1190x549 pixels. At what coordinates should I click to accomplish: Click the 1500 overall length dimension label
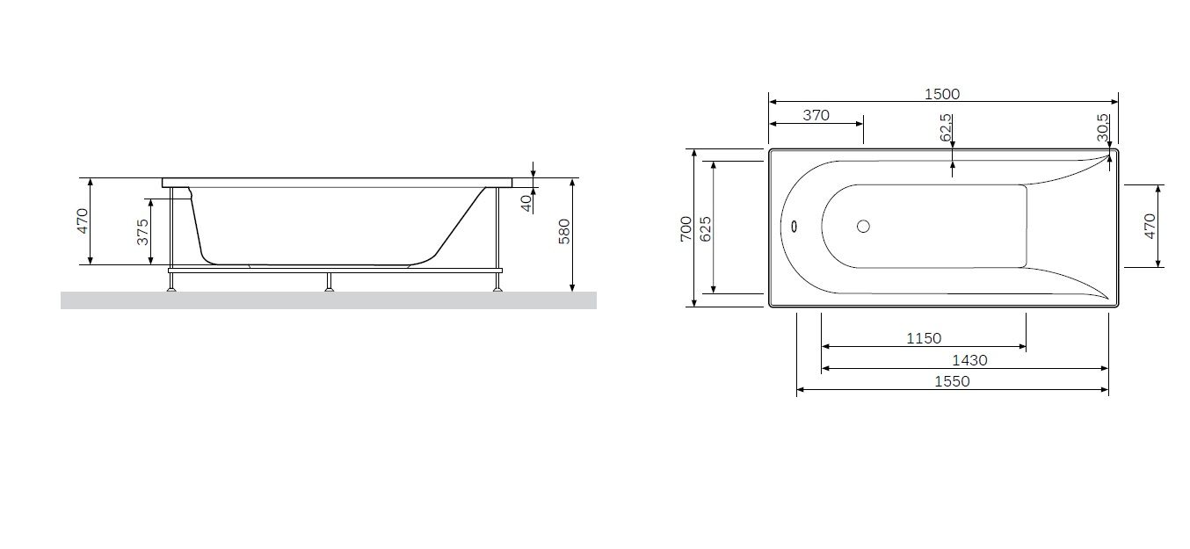point(942,94)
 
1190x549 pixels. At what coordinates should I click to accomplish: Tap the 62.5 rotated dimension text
point(946,127)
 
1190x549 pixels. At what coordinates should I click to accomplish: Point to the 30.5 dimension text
point(1102,127)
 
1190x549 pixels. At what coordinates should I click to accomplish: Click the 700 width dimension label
point(686,229)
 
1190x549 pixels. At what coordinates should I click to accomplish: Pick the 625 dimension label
point(705,229)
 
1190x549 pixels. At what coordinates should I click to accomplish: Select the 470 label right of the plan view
point(1150,226)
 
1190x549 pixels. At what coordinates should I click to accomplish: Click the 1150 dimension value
point(924,338)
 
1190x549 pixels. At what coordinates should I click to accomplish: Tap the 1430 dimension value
point(969,359)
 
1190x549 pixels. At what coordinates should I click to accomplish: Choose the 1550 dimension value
point(952,381)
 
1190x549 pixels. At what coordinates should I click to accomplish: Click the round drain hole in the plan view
point(863,227)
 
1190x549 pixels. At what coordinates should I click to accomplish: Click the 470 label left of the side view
point(82,220)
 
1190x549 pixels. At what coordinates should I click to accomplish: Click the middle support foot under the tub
point(329,283)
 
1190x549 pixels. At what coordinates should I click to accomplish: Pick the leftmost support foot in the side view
point(172,283)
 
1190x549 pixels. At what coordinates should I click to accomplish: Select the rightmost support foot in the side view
point(498,283)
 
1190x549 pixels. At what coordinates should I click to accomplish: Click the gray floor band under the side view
point(328,300)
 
